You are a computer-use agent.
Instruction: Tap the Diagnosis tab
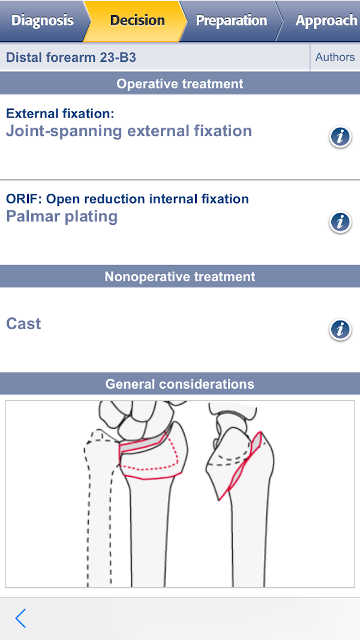pyautogui.click(x=43, y=20)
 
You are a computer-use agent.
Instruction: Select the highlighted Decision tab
pyautogui.click(x=137, y=20)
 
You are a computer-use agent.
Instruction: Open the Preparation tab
pyautogui.click(x=232, y=20)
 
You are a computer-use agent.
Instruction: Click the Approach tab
pyautogui.click(x=322, y=20)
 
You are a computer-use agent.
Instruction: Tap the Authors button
pyautogui.click(x=335, y=57)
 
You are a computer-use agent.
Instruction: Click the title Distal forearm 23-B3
pyautogui.click(x=71, y=58)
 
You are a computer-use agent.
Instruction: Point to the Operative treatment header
pyautogui.click(x=180, y=83)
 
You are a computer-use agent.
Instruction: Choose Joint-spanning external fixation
pyautogui.click(x=129, y=131)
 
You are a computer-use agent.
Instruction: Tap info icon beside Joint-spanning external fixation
pyautogui.click(x=340, y=137)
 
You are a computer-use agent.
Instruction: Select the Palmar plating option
pyautogui.click(x=62, y=217)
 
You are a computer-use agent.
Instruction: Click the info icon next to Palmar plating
pyautogui.click(x=340, y=222)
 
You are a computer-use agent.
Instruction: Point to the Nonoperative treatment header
pyautogui.click(x=180, y=277)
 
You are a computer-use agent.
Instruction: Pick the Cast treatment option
pyautogui.click(x=23, y=324)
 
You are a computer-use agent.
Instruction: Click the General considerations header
pyautogui.click(x=180, y=384)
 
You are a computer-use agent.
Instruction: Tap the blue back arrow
pyautogui.click(x=21, y=618)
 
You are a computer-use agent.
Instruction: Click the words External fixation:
pyautogui.click(x=60, y=114)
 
